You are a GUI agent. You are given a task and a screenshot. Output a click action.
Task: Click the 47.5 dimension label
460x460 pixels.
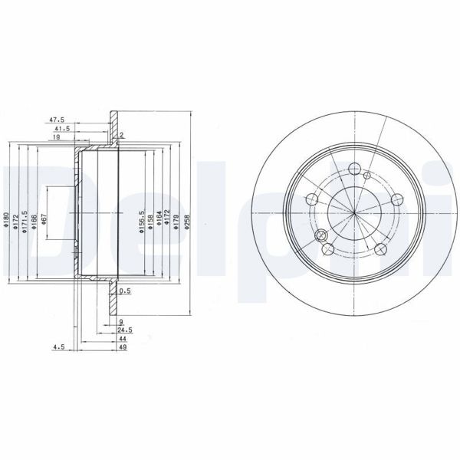pos(56,120)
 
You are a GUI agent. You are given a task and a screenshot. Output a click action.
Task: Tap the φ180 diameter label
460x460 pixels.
pos(6,222)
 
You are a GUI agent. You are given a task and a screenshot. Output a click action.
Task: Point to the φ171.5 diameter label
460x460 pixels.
pos(25,222)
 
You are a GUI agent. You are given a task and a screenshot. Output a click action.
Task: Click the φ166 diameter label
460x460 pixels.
pos(34,222)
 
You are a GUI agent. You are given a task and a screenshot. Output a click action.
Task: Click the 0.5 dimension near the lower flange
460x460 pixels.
pos(127,291)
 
